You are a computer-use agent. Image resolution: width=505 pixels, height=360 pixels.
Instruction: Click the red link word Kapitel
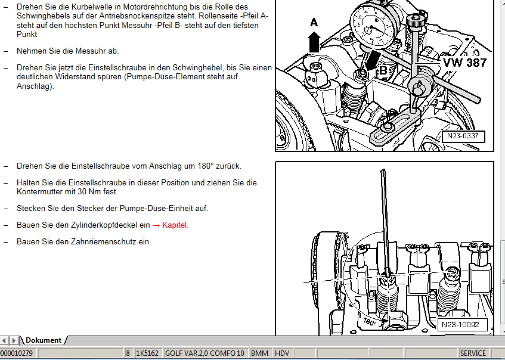(174, 225)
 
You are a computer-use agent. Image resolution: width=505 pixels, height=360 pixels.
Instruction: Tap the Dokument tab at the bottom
(43, 340)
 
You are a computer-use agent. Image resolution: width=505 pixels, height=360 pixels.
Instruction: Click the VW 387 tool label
(464, 63)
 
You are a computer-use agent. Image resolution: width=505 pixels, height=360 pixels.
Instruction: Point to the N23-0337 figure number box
(463, 136)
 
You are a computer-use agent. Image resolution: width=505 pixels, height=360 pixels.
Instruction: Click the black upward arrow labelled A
(314, 42)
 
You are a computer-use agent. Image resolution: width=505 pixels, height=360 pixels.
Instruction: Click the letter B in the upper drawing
(383, 70)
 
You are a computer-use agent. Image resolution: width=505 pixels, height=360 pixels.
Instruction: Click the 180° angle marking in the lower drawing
(369, 321)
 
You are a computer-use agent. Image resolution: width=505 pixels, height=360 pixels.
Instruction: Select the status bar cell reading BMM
(259, 353)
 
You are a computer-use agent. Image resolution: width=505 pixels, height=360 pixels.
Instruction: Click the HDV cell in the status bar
(282, 353)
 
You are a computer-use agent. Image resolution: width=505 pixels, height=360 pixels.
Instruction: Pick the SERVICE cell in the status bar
(473, 353)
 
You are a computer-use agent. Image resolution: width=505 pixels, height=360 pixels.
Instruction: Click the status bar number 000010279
(17, 353)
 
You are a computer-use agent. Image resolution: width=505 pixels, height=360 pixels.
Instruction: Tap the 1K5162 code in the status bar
(147, 353)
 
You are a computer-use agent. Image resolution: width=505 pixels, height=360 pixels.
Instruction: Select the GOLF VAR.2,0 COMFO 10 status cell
(205, 353)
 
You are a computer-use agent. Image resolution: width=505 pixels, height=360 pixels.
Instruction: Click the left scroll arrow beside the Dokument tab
(4, 340)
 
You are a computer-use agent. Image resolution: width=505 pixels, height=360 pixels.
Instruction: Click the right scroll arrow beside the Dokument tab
(14, 340)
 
